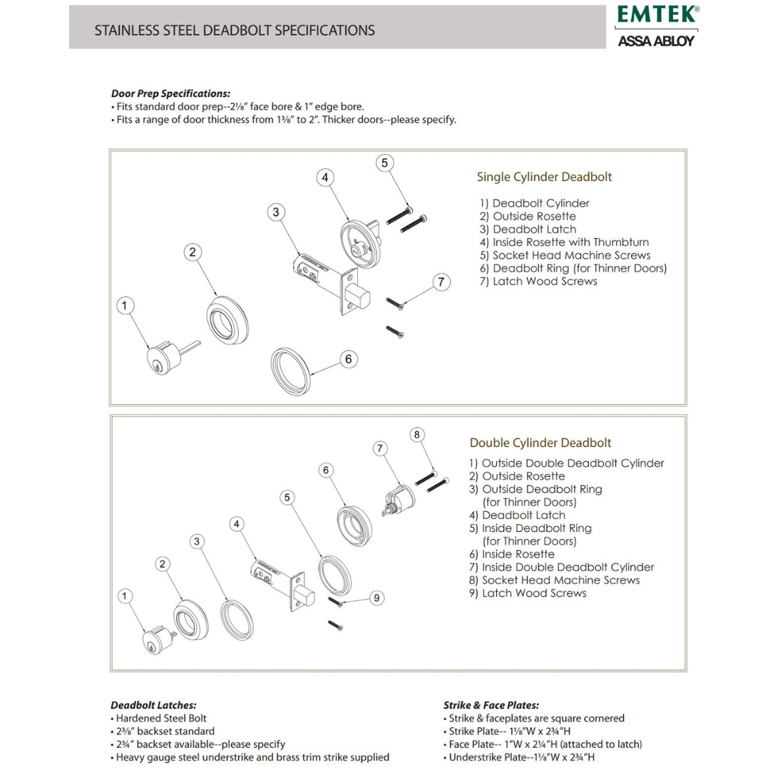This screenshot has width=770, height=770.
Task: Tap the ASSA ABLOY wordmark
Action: pos(655,41)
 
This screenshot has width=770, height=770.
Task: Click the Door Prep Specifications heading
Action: pos(170,93)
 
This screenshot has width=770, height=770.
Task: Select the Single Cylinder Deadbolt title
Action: pos(544,177)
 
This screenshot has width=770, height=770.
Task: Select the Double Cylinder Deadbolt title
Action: pos(540,443)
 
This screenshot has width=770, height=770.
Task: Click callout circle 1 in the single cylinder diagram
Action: pos(125,306)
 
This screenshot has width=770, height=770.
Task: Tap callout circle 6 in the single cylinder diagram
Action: pos(348,359)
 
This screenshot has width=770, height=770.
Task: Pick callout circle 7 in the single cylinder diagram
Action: pos(441,282)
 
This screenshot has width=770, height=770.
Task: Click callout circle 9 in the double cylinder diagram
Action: pos(377,597)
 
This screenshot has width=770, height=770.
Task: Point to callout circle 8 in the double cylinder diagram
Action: pos(418,435)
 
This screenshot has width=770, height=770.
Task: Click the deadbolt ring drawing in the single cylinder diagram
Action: pos(291,371)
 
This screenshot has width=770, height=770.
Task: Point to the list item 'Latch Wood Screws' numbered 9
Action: pos(528,593)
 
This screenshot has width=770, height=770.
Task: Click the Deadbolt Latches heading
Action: pos(153,705)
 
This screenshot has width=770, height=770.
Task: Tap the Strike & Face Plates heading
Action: pos(491,705)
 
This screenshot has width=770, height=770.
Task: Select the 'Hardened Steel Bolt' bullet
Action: pos(161,719)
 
